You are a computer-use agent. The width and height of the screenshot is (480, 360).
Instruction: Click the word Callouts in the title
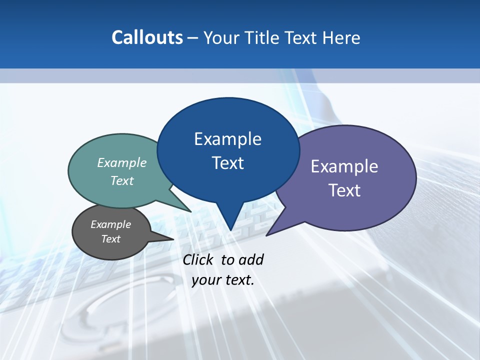[147, 37]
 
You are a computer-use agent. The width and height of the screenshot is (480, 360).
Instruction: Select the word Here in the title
[341, 37]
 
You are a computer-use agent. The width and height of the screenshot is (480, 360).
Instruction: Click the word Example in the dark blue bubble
[227, 139]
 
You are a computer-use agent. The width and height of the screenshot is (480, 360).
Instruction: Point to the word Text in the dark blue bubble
[227, 163]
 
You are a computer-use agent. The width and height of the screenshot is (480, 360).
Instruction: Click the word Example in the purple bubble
[344, 166]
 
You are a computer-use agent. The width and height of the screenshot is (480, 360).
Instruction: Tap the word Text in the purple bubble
[344, 190]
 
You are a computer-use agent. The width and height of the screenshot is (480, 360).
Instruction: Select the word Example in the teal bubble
[122, 163]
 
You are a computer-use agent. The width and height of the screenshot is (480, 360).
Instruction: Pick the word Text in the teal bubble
[122, 180]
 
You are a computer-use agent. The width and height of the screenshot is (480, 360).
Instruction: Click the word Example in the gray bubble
[110, 224]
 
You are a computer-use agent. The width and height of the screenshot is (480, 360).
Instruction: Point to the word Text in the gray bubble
[110, 239]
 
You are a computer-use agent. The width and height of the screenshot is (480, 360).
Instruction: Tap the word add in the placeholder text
[251, 260]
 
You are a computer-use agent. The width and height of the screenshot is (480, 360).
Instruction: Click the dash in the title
[193, 37]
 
